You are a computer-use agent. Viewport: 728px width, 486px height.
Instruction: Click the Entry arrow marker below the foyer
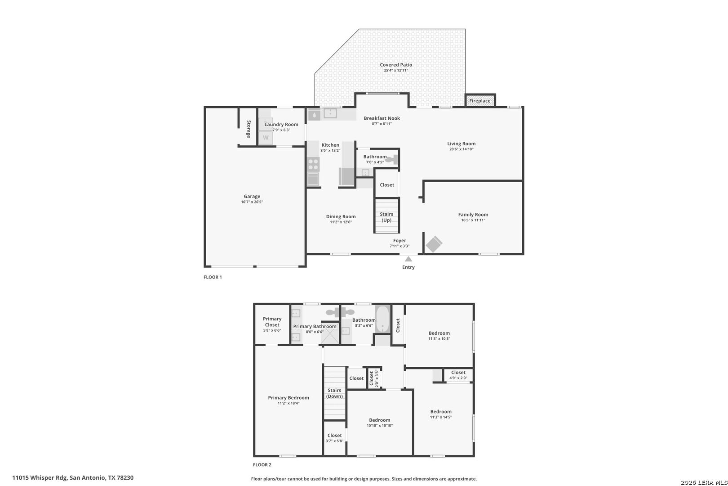click(408, 259)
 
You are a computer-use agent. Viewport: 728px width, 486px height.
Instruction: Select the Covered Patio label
click(396, 65)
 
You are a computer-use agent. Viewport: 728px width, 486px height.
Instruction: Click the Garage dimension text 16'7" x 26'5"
click(252, 202)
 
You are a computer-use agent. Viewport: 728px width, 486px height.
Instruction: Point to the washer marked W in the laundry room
click(266, 138)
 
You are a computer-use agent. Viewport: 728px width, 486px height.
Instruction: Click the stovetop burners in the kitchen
click(313, 164)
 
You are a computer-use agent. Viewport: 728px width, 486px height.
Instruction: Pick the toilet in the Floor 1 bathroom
click(392, 160)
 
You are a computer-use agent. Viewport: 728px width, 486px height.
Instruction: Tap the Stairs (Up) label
click(386, 217)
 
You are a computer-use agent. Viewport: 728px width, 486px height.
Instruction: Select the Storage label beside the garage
click(249, 129)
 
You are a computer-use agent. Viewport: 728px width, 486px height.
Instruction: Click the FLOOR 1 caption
click(213, 277)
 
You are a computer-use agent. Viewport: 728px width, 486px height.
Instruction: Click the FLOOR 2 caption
click(262, 464)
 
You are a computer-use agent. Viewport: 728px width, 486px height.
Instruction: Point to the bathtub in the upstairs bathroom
click(383, 319)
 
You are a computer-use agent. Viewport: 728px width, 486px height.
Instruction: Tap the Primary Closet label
click(272, 322)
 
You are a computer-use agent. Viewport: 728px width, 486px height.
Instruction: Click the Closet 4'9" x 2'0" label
click(458, 375)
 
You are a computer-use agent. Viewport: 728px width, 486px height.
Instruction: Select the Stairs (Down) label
click(334, 393)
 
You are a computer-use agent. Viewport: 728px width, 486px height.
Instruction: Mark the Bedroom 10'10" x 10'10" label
click(380, 423)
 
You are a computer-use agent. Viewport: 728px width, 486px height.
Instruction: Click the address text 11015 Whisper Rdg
click(40, 478)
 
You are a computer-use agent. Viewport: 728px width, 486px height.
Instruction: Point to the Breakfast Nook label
click(382, 118)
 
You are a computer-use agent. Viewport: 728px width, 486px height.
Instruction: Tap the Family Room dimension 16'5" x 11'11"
click(473, 220)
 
